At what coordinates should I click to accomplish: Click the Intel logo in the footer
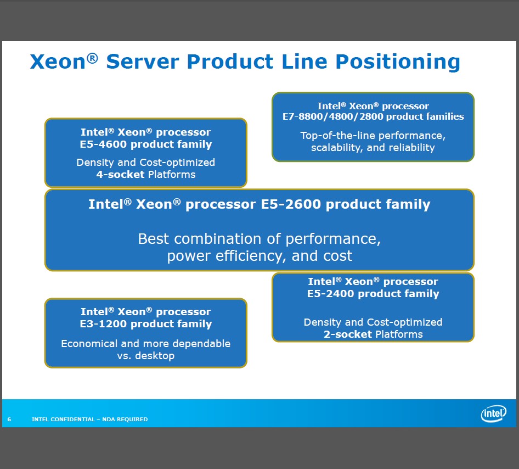[493, 413]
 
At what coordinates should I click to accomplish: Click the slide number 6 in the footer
[9, 420]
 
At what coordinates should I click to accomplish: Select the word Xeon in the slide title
[58, 62]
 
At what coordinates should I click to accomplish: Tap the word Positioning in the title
[398, 62]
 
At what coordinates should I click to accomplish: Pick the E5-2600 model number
[289, 205]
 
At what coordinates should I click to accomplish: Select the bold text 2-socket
[348, 334]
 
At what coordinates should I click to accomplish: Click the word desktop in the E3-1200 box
[153, 356]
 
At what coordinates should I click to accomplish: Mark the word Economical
[89, 344]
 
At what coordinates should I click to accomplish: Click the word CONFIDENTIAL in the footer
[72, 420]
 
